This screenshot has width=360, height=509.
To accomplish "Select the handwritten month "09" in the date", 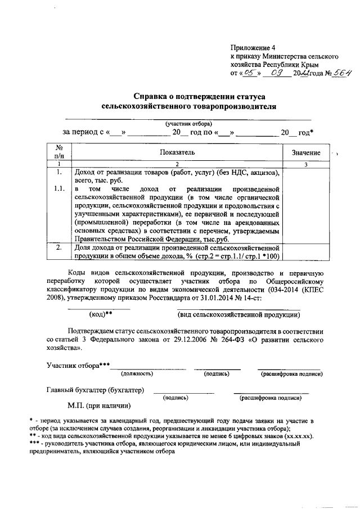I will [274, 73].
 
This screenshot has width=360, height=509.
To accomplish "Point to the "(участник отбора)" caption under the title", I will [187, 123].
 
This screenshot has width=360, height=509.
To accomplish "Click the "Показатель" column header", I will [177, 152].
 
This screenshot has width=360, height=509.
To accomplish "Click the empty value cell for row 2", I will [306, 252].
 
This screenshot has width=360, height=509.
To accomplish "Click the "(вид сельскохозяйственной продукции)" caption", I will [238, 314].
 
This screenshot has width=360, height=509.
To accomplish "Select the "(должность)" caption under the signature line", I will [137, 373].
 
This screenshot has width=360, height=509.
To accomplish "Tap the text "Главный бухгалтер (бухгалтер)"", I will [94, 390].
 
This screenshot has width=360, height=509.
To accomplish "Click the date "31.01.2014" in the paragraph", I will [220, 298].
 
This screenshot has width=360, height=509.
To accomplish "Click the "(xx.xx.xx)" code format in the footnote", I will [298, 435].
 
